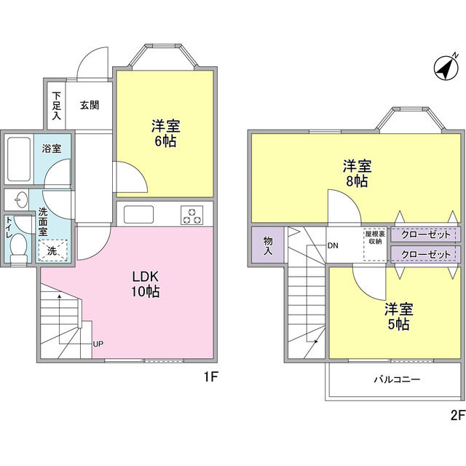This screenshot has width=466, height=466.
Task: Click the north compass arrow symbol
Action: coord(444,68)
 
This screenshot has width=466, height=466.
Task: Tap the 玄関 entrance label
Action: coord(90,105)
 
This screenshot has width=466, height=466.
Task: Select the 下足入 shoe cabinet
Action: coord(57,105)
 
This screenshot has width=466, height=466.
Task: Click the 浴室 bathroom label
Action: coord(51,149)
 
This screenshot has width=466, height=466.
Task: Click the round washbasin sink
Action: coord(19,200)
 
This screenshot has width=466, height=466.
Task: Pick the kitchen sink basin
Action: coord(138,214)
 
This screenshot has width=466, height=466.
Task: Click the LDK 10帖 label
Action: coord(146,285)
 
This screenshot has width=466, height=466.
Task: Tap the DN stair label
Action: coord(333,245)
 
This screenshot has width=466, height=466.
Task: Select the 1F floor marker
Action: coord(210,378)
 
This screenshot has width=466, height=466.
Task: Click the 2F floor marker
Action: coord(457,416)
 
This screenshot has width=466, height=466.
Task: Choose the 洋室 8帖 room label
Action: coord(357,173)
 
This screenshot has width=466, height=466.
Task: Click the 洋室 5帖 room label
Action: coord(398,316)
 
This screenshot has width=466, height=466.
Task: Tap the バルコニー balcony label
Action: coord(397,379)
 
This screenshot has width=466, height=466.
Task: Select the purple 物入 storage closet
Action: coord(267,245)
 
